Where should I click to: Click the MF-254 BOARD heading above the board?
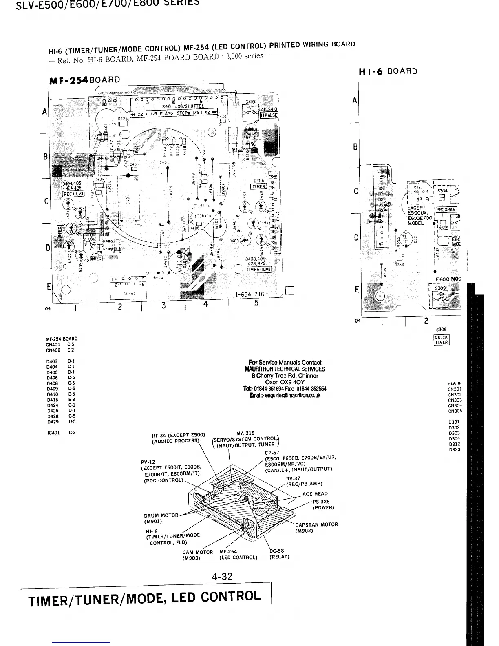[x=84, y=80]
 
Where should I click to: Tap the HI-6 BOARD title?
[x=388, y=71]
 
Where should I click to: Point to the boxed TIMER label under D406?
[x=258, y=187]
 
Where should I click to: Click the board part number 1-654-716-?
[x=252, y=294]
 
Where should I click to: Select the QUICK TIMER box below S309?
[x=441, y=340]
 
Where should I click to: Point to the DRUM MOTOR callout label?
[x=161, y=518]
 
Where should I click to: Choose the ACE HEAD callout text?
[x=315, y=494]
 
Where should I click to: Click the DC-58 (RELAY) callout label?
[x=279, y=554]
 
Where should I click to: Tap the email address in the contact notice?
[x=285, y=395]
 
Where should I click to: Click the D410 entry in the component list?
[x=60, y=394]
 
